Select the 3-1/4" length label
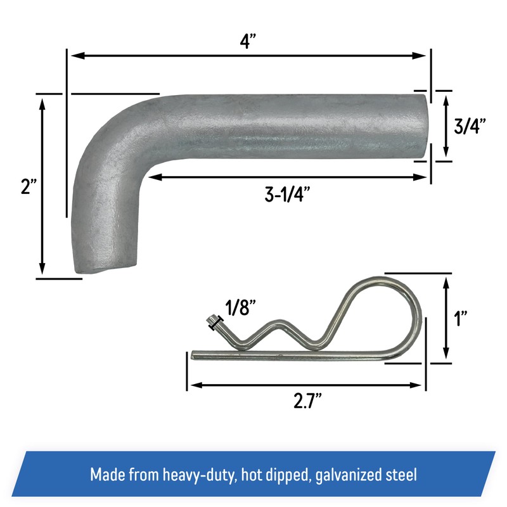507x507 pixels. pos(291,195)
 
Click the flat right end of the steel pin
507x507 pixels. pos(423,125)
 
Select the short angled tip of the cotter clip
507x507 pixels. pos(212,323)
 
